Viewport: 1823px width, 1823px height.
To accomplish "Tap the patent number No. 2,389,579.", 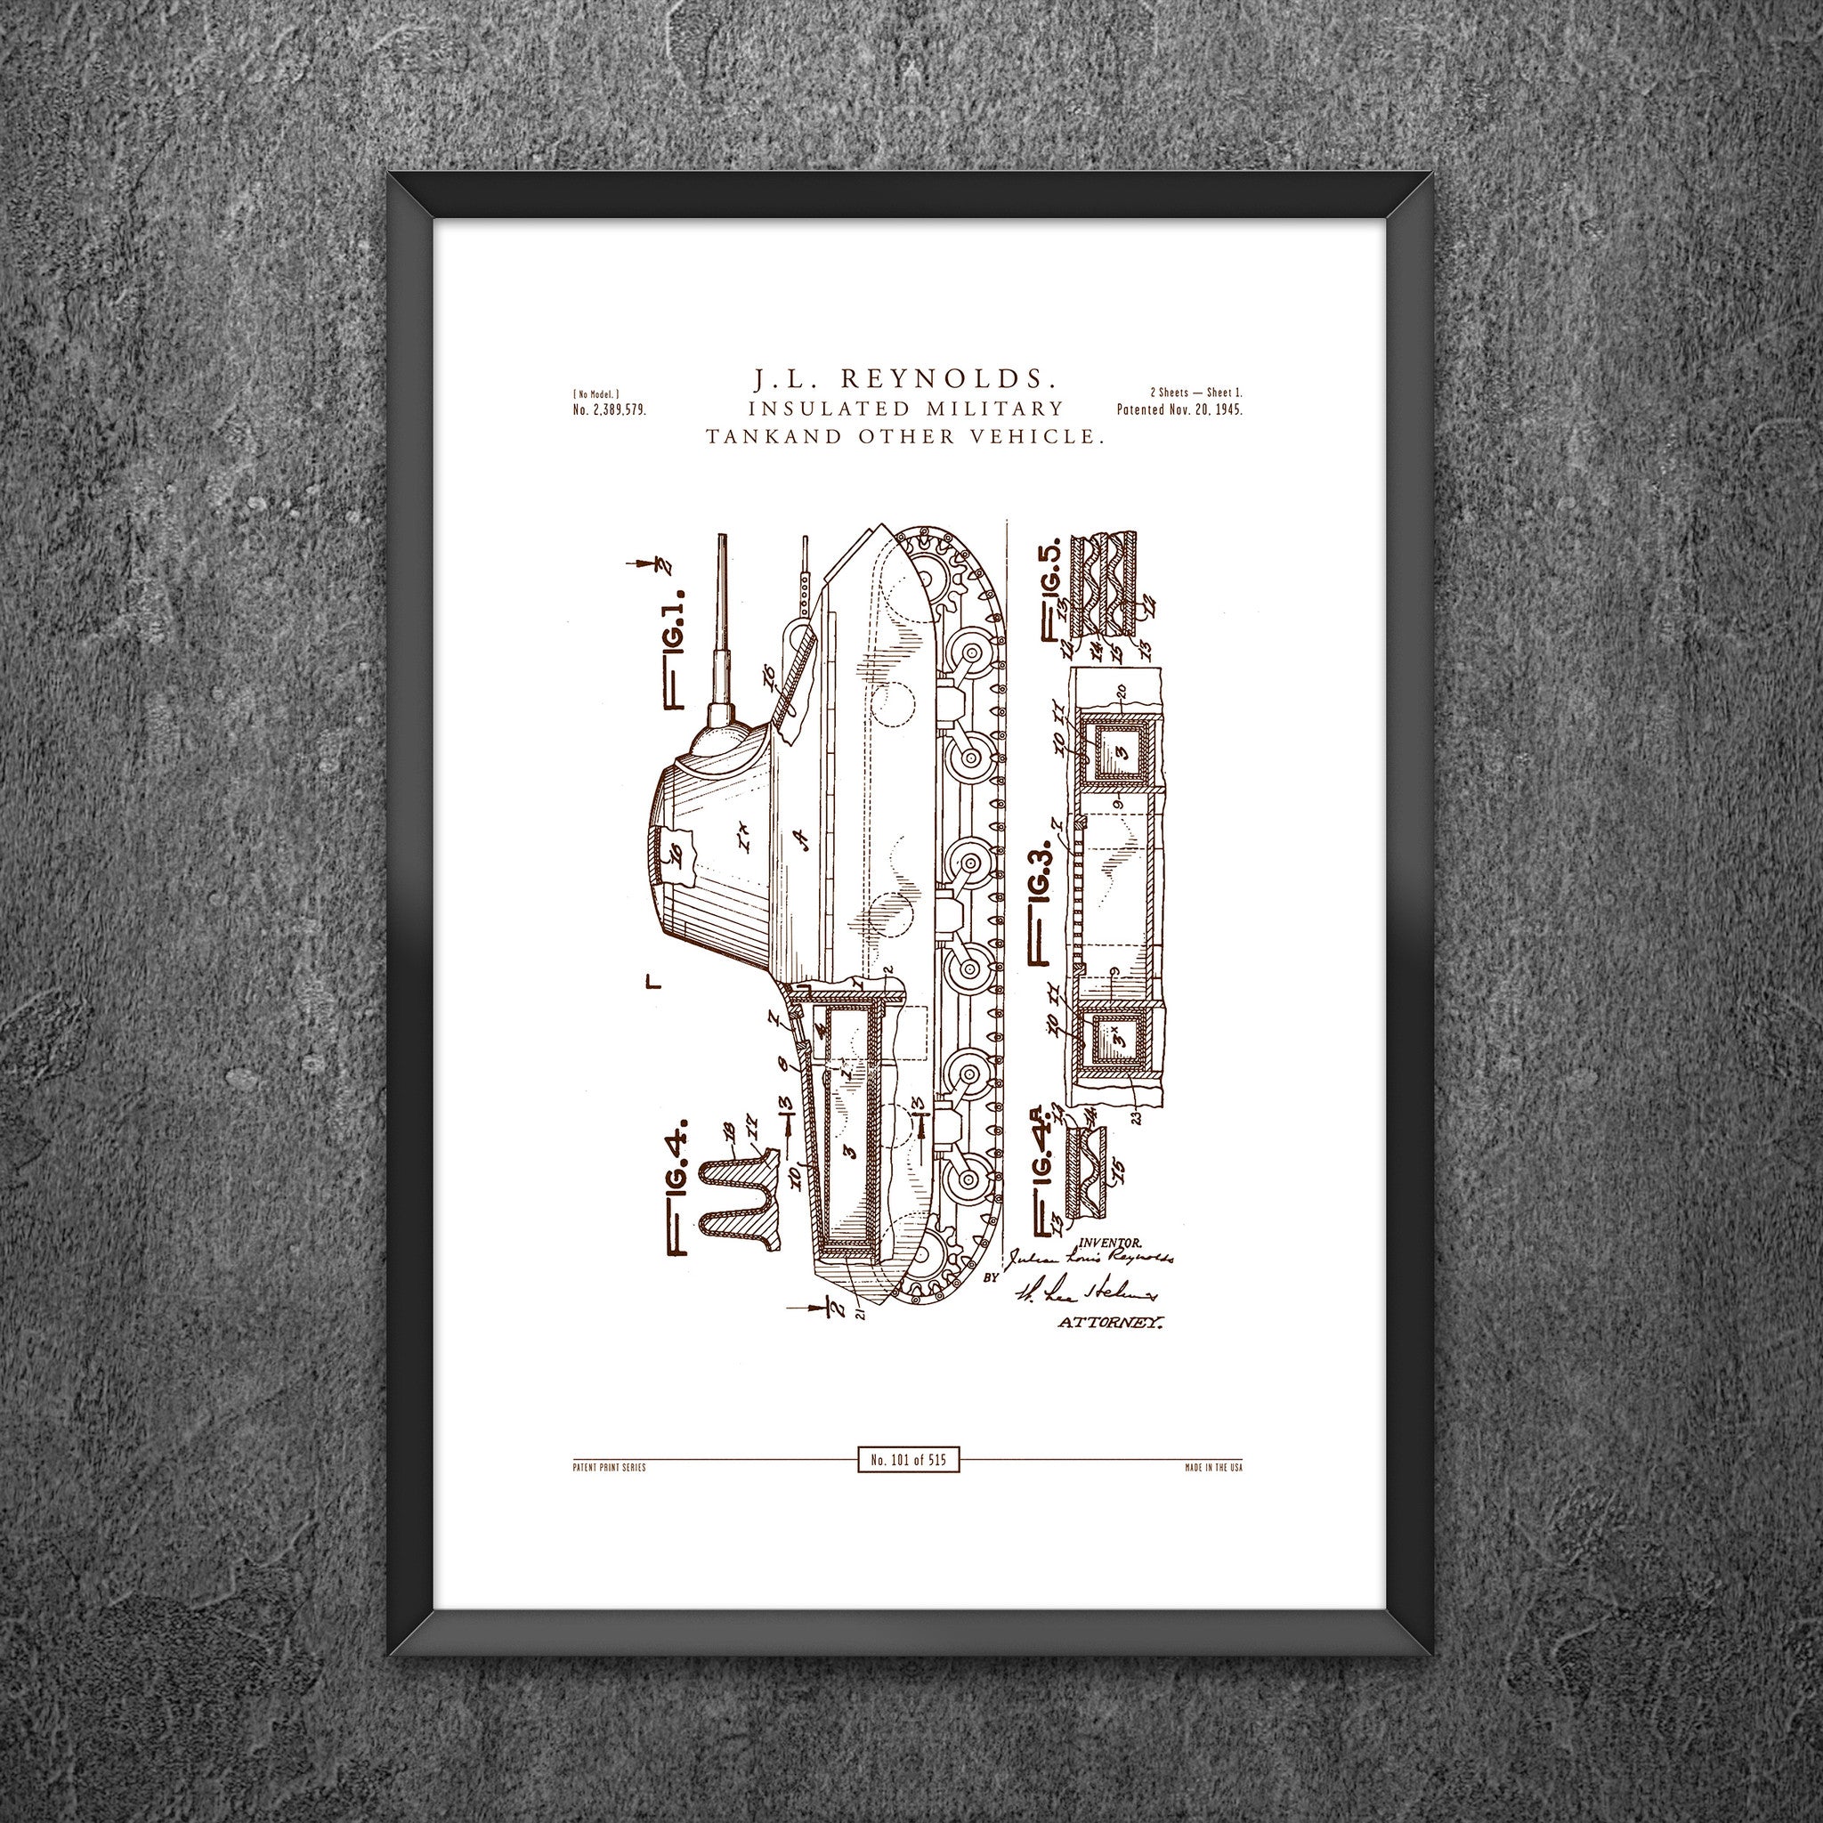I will click(609, 410).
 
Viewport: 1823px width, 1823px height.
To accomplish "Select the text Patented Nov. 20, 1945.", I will click(1179, 410).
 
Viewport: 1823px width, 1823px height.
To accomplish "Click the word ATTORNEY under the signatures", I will click(1111, 1323).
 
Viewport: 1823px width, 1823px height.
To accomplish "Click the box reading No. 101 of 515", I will click(909, 1460).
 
